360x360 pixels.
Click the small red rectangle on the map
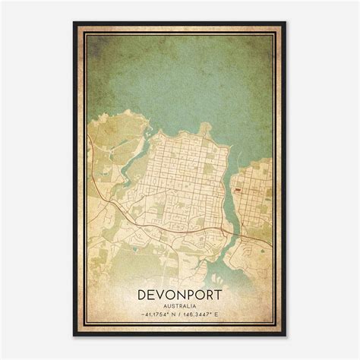238,169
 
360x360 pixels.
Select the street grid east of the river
254,190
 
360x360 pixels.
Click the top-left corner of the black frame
74,23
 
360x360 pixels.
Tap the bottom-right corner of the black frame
286,336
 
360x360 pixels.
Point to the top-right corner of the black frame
286,23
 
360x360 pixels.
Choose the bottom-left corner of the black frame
74,336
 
